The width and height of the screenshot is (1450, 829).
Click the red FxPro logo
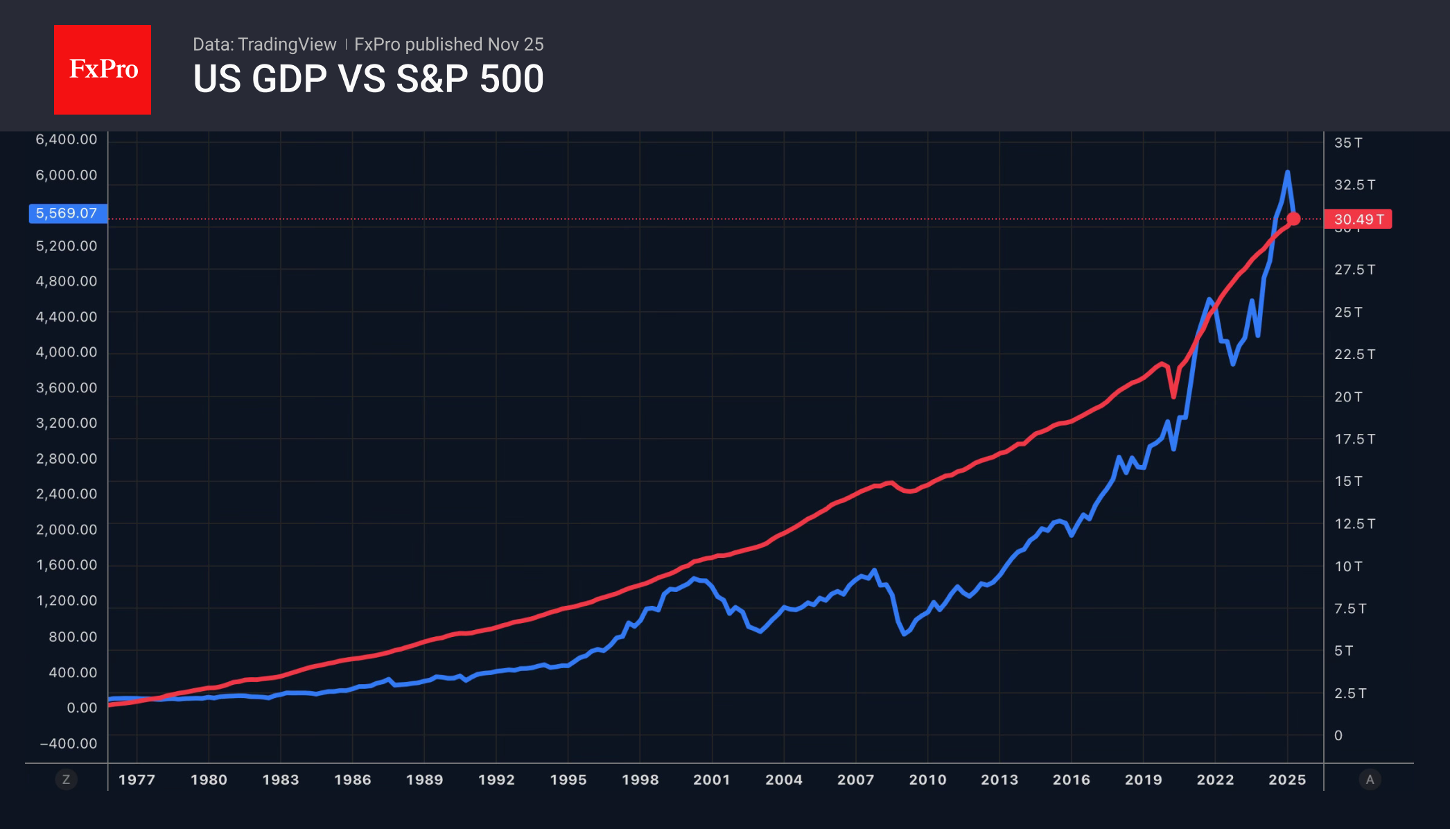tap(103, 69)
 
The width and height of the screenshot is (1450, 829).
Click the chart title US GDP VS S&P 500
tap(368, 79)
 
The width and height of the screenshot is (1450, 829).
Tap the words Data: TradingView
tap(264, 44)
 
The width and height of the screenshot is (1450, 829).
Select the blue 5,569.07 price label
tap(67, 213)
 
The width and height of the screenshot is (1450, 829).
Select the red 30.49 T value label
tap(1357, 219)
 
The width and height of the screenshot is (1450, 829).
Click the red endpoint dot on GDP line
tap(1293, 219)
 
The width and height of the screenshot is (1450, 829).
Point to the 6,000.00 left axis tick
tap(67, 175)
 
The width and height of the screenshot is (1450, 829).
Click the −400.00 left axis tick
tap(68, 744)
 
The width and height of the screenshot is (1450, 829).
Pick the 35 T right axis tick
tap(1347, 143)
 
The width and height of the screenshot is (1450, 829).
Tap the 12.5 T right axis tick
tap(1354, 524)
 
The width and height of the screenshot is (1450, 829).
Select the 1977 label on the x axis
tap(137, 780)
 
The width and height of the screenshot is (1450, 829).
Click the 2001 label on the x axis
tap(712, 780)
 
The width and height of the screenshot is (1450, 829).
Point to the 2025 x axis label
tap(1287, 780)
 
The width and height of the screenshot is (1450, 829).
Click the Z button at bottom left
tap(66, 780)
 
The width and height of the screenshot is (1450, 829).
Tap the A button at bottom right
tap(1370, 780)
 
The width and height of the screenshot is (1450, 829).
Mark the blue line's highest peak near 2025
tap(1287, 173)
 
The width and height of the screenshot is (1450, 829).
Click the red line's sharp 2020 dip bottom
tap(1173, 396)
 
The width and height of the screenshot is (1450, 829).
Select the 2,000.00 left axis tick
tap(67, 530)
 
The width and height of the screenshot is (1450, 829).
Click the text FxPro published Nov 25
tap(448, 44)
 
